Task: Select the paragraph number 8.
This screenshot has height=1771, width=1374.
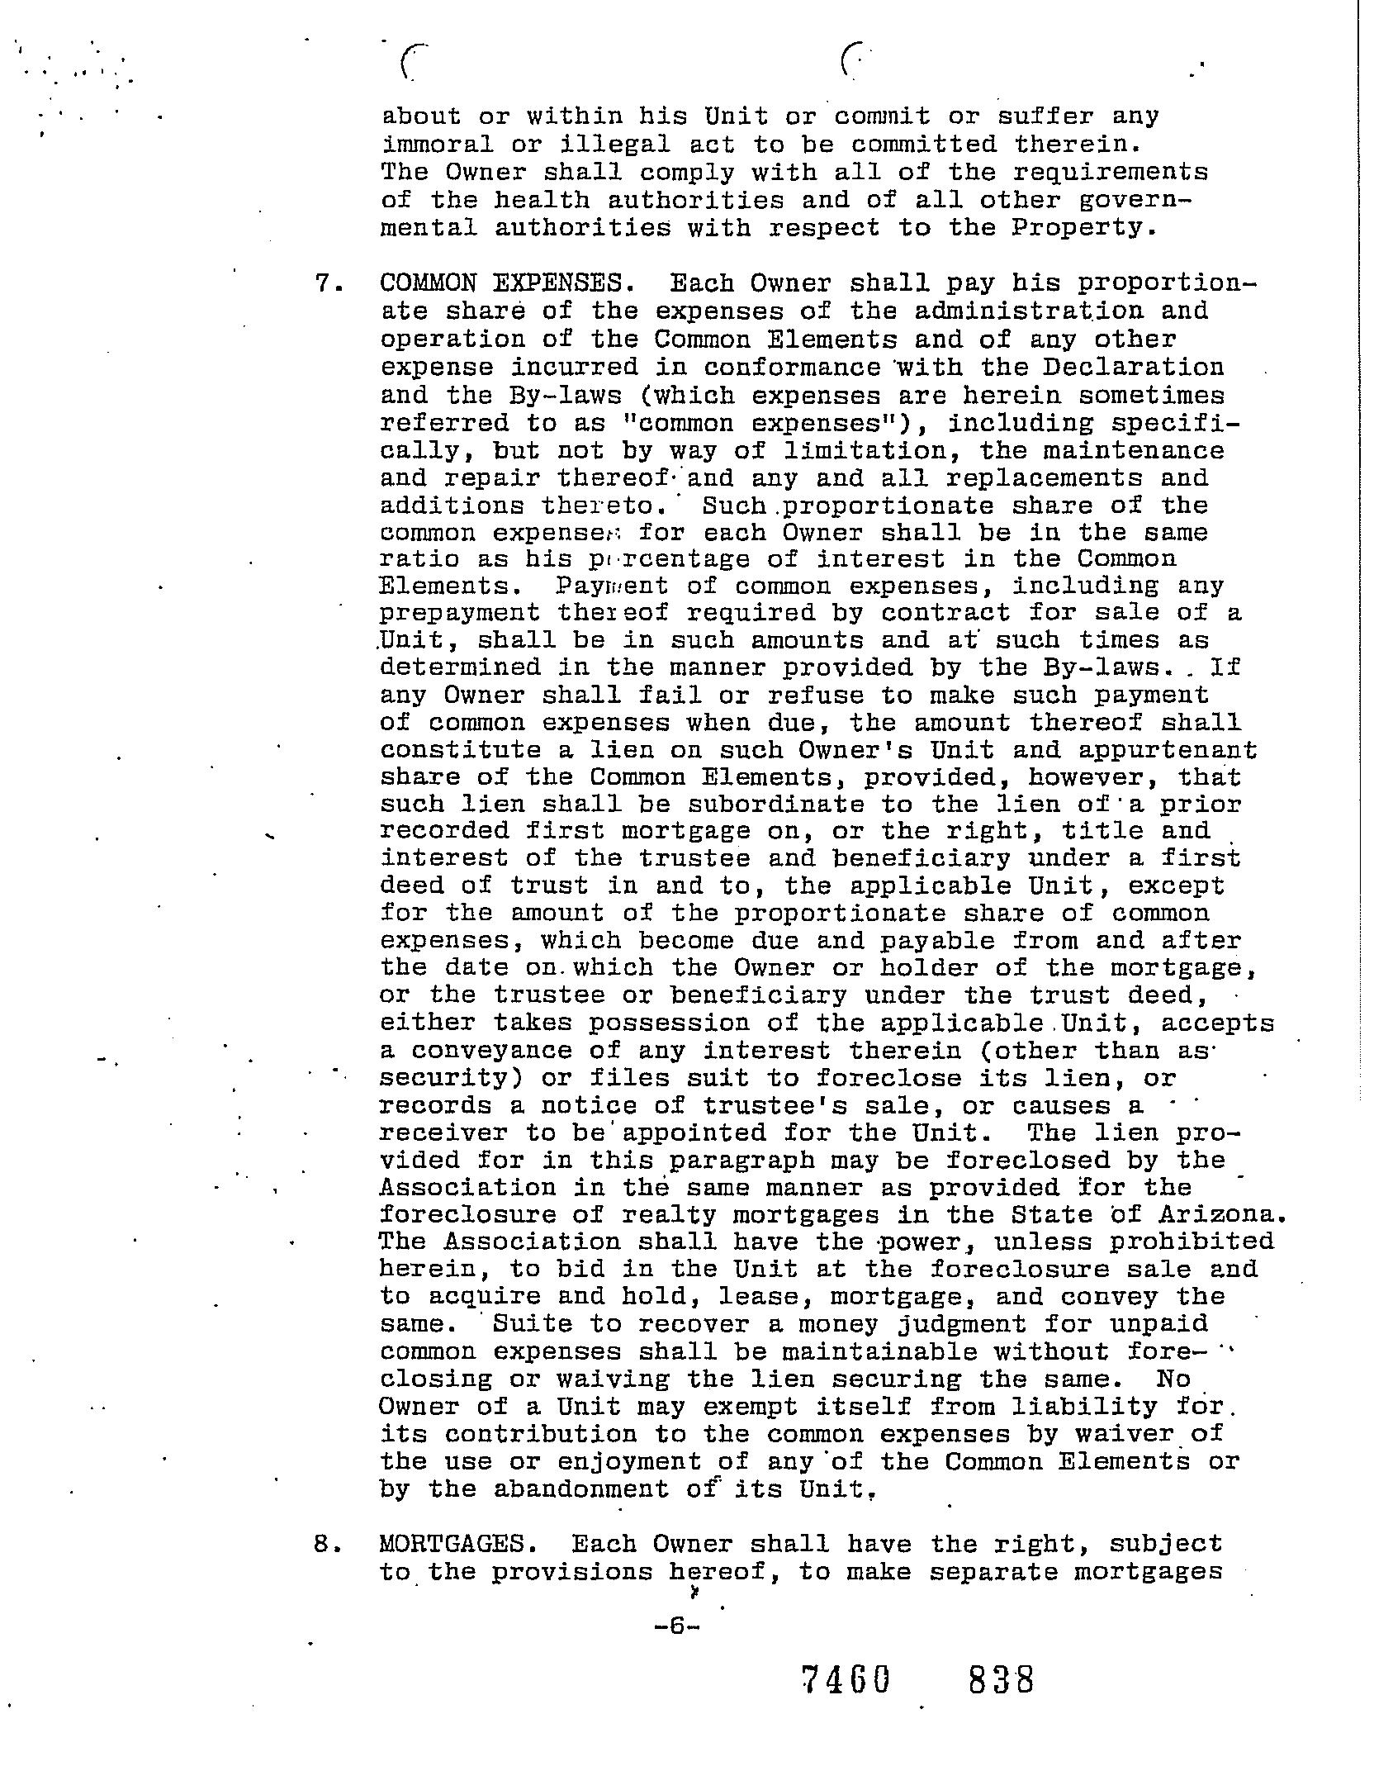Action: coord(325,1543)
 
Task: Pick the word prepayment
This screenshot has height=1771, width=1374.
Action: coord(460,613)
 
